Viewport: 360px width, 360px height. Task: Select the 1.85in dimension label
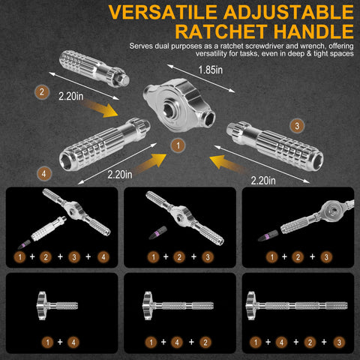pyautogui.click(x=210, y=70)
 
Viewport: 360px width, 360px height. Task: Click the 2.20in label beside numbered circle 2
pyautogui.click(x=71, y=96)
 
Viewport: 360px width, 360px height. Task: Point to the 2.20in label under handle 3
pyautogui.click(x=263, y=181)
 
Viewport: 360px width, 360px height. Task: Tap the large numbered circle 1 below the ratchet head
pyautogui.click(x=178, y=145)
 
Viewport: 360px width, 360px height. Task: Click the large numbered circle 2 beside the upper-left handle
pyautogui.click(x=42, y=92)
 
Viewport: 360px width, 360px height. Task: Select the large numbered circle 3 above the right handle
pyautogui.click(x=297, y=126)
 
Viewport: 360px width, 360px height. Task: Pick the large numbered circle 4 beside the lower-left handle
pyautogui.click(x=44, y=174)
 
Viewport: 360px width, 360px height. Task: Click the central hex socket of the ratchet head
pyautogui.click(x=170, y=110)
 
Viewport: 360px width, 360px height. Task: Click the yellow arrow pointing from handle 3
pyautogui.click(x=228, y=163)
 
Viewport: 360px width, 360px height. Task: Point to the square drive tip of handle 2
pyautogui.click(x=122, y=79)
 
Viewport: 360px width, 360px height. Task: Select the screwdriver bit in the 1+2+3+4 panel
pyautogui.click(x=24, y=244)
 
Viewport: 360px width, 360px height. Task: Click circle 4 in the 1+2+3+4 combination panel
pyautogui.click(x=103, y=256)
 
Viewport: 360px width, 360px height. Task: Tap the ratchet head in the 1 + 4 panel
pyautogui.click(x=42, y=305)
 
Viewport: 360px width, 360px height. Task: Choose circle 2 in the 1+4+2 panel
pyautogui.click(x=205, y=343)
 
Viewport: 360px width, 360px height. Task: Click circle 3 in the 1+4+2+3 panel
pyautogui.click(x=339, y=343)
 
